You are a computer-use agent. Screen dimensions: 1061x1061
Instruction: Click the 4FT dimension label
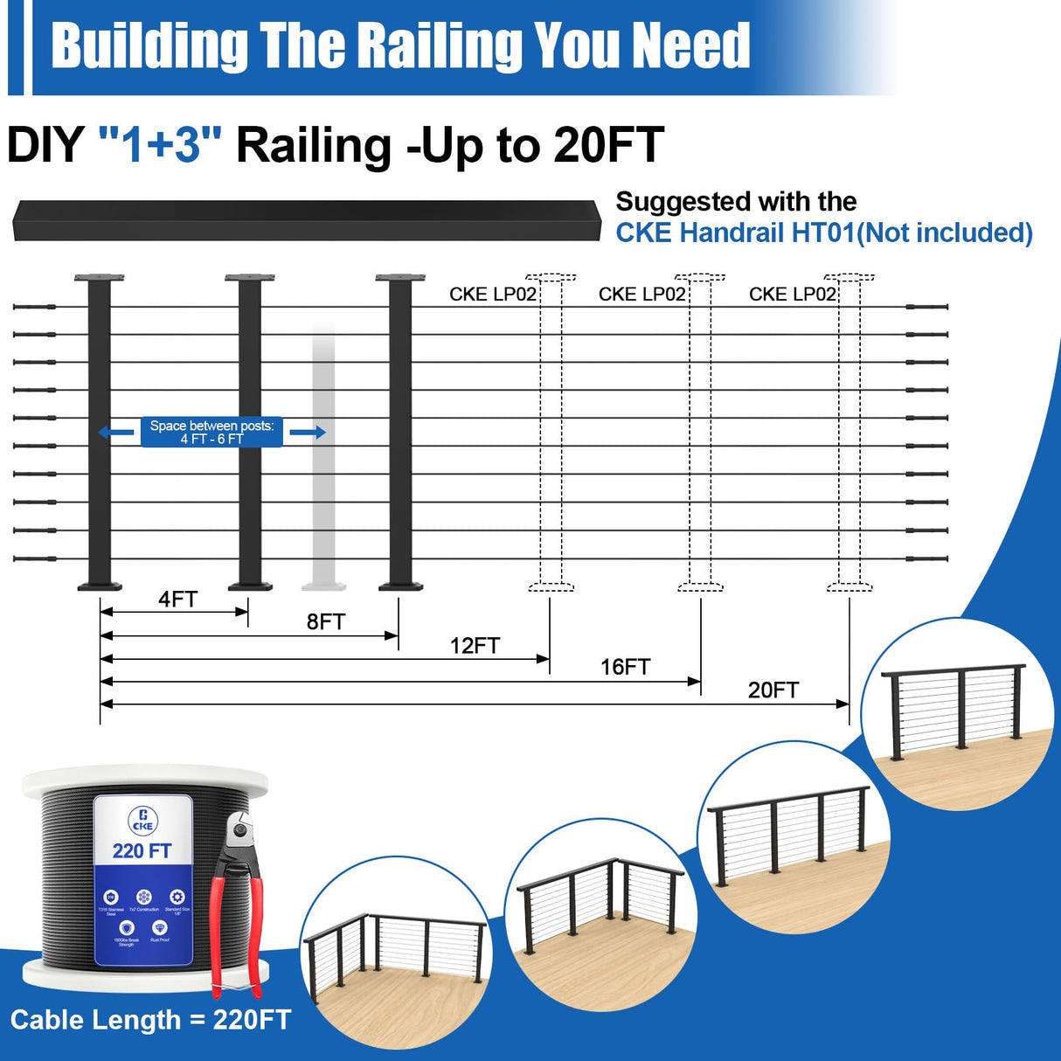[177, 600]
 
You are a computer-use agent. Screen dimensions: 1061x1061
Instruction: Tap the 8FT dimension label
[325, 622]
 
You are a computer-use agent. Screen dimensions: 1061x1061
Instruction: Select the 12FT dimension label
[475, 646]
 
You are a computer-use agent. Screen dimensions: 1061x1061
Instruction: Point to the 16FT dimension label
[625, 668]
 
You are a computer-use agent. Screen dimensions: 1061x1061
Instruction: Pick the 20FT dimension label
[773, 690]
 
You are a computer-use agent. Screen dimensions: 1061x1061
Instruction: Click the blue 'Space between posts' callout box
[212, 432]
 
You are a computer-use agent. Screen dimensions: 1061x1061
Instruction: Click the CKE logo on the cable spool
[143, 820]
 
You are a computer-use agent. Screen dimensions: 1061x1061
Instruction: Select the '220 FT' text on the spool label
[142, 851]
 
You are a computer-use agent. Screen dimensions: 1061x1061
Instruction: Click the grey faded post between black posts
[324, 454]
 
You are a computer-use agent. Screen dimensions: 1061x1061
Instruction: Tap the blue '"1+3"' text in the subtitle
[160, 145]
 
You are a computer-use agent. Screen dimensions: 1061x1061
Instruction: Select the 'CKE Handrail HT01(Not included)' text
[823, 233]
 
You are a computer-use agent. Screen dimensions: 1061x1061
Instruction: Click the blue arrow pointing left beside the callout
[115, 432]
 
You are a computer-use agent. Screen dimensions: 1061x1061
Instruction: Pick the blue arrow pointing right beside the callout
[308, 432]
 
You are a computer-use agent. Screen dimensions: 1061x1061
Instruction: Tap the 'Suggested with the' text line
[736, 202]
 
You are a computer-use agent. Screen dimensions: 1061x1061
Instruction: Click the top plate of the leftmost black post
[99, 278]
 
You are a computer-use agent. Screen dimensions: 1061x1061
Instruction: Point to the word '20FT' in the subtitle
[608, 145]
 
